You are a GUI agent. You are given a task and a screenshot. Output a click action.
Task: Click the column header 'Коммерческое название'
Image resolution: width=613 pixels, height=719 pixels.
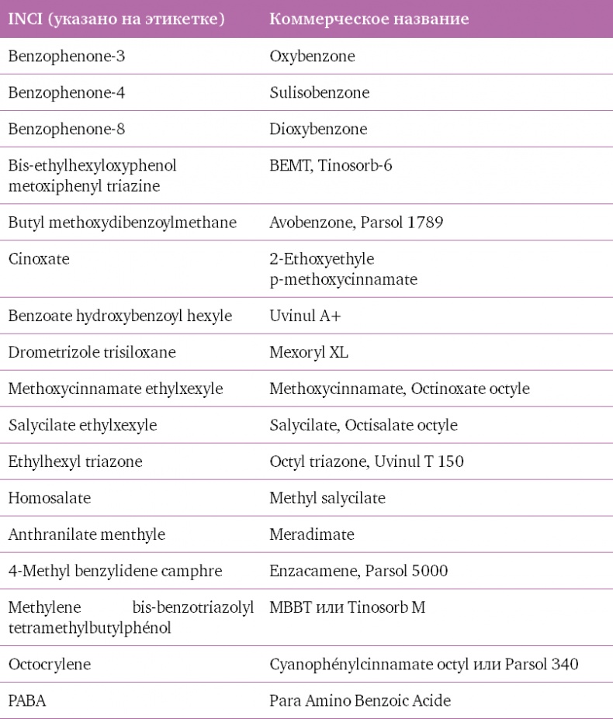tap(369, 19)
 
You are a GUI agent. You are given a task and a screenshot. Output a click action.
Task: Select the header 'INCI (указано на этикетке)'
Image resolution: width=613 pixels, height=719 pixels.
tap(116, 19)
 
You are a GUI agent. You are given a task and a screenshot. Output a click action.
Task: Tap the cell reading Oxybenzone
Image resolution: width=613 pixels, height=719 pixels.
tap(313, 57)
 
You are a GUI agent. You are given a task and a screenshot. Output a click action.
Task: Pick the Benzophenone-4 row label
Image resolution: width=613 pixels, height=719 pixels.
tap(67, 93)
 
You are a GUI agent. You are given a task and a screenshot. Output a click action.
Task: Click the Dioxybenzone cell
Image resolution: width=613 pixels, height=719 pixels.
tap(318, 130)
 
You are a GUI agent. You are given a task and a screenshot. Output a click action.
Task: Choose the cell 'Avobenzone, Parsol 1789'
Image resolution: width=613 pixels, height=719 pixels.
tap(356, 223)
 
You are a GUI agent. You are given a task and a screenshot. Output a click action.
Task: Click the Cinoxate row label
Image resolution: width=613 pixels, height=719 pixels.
tap(39, 260)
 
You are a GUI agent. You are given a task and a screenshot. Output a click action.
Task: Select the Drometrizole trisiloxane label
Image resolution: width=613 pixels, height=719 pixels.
tap(92, 353)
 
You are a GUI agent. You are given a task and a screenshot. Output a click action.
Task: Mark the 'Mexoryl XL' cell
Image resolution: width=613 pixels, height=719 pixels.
tap(309, 353)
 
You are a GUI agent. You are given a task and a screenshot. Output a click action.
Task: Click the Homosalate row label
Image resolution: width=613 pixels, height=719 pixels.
tap(49, 498)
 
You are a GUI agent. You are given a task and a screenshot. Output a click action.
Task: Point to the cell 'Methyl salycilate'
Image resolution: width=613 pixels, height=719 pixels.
tap(327, 498)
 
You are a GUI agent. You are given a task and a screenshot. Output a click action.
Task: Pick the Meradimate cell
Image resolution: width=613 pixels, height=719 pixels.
tap(312, 535)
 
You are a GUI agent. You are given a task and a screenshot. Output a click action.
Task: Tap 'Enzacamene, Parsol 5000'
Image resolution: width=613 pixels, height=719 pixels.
tap(358, 572)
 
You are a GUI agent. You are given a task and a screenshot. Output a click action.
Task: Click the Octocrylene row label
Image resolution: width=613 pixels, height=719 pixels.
tap(49, 665)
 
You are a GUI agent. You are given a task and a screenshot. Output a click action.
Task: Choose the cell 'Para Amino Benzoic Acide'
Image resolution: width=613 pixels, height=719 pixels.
tap(360, 701)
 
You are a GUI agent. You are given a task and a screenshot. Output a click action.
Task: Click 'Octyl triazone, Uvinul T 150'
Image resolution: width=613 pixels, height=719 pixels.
tap(366, 462)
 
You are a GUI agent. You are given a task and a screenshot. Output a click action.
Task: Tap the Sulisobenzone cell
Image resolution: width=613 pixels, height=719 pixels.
tap(319, 93)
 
